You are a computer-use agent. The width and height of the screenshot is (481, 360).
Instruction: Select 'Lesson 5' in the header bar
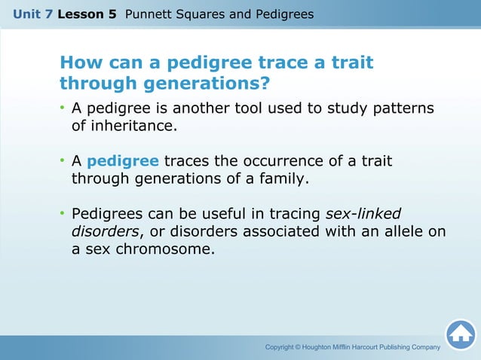pos(91,14)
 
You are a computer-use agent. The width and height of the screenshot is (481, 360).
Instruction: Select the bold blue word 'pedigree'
pos(123,161)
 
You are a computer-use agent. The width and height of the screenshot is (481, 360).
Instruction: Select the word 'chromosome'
pos(165,250)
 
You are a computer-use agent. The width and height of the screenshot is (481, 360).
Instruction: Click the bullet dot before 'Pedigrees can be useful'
pos(63,214)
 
